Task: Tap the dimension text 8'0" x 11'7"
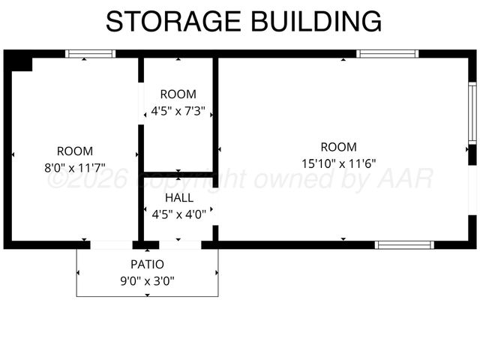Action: [75, 168]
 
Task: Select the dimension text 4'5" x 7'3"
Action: [178, 112]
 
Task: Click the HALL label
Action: [178, 198]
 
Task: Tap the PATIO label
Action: [147, 264]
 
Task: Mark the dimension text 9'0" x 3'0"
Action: [147, 281]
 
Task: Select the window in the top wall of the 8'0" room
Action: [90, 54]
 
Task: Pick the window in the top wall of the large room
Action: [387, 54]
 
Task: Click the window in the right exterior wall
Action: [472, 112]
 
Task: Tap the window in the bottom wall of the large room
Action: [405, 244]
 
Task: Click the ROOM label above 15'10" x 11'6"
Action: [339, 147]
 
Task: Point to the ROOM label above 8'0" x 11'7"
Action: [75, 151]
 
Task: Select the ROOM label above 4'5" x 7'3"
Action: [178, 94]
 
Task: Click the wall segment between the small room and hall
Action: [178, 175]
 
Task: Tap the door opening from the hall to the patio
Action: [180, 244]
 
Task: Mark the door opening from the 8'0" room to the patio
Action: [112, 244]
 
